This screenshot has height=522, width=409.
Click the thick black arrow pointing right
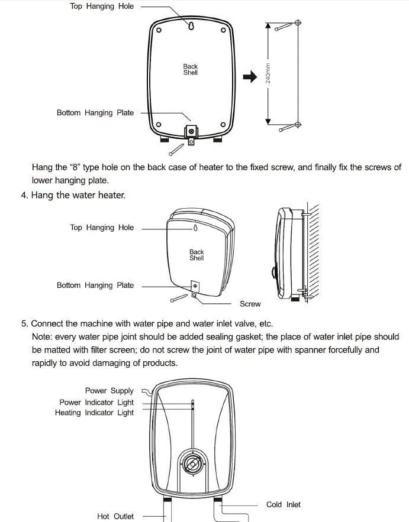251,76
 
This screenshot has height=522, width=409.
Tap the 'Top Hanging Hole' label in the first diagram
102,7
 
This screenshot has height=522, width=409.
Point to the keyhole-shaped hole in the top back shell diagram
191,25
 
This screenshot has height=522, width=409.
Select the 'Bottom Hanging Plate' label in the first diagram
95,112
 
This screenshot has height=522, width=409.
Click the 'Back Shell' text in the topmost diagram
190,70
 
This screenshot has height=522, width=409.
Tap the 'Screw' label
250,304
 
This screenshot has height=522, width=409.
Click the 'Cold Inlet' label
283,504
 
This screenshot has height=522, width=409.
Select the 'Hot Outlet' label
115,516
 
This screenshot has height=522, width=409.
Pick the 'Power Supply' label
110,391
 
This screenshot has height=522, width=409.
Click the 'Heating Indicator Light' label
95,413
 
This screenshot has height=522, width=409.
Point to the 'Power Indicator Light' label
96,402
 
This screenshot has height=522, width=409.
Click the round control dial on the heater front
192,464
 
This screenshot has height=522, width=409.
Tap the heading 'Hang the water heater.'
78,194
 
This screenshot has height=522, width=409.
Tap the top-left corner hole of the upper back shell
159,27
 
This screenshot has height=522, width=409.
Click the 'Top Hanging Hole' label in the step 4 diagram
102,228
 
